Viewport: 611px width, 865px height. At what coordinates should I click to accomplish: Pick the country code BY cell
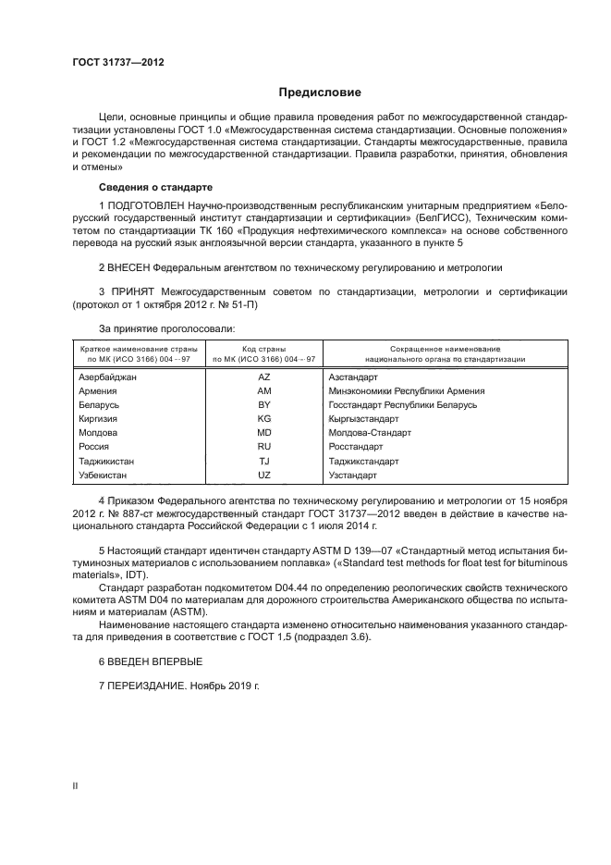263,405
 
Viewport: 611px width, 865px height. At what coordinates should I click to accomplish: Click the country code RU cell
263,447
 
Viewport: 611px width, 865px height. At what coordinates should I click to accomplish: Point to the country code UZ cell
263,475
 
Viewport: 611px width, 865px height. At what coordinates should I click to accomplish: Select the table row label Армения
99,391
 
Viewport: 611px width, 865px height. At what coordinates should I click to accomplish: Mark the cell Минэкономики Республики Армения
406,391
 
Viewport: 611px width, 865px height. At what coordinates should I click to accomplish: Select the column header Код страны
263,348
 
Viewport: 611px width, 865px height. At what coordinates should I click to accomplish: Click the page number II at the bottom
75,785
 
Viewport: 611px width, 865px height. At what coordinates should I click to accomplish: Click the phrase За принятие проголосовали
166,328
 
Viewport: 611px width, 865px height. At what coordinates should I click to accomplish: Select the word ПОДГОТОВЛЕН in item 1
146,203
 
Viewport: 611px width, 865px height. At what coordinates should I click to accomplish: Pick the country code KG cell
263,419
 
